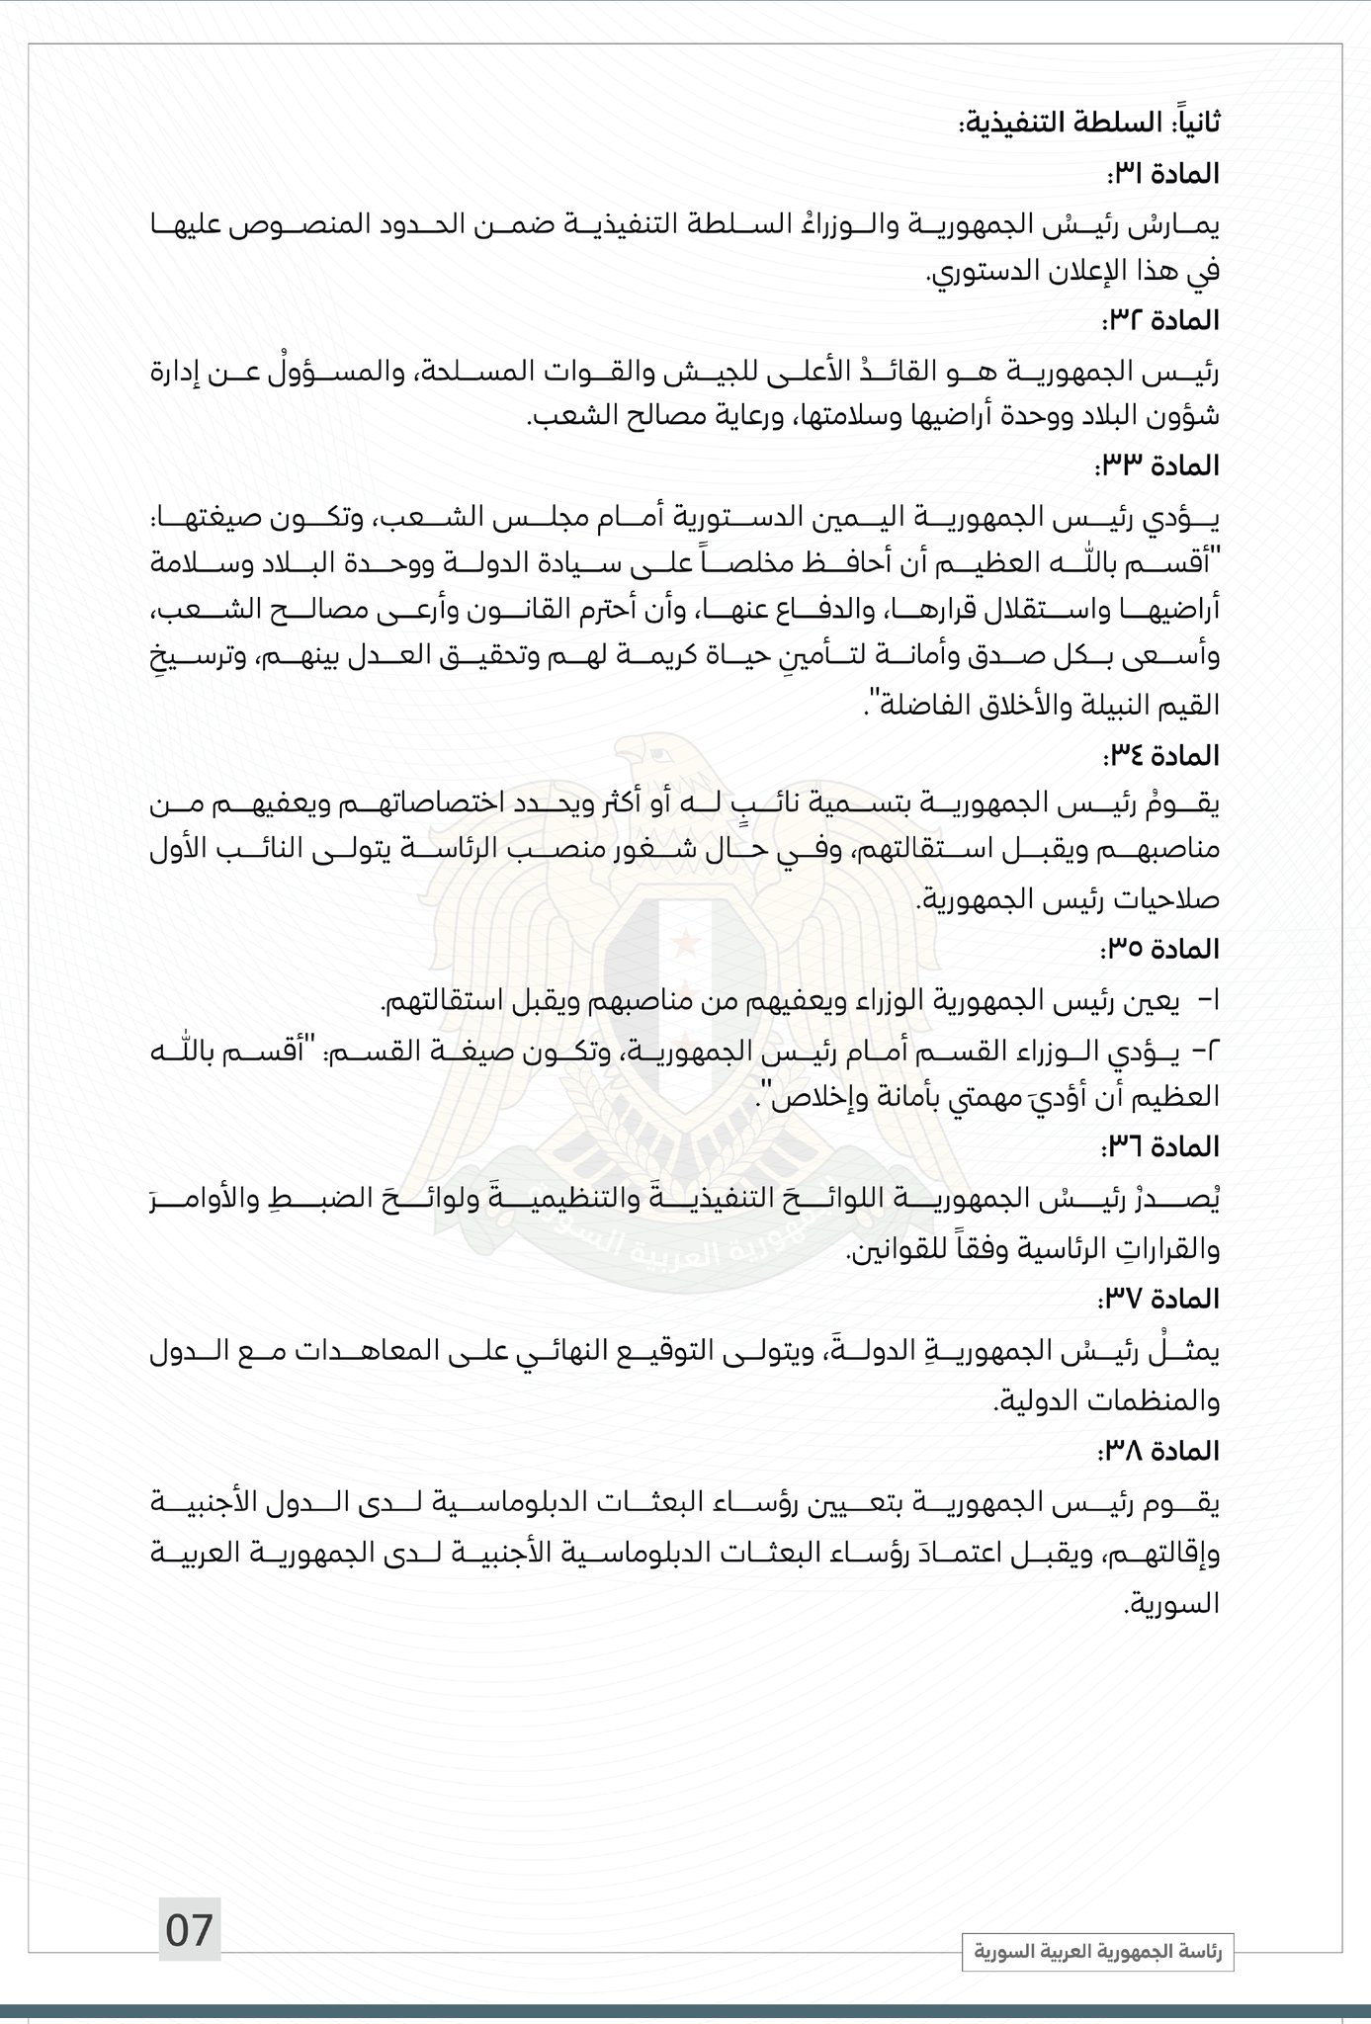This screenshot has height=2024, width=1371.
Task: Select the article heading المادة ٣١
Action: pyautogui.click(x=1161, y=174)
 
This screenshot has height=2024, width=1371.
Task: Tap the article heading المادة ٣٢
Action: pyautogui.click(x=1159, y=320)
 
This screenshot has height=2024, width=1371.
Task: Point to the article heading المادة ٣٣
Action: pyautogui.click(x=1158, y=464)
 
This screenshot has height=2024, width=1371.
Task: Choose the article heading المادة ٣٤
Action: pyautogui.click(x=1159, y=756)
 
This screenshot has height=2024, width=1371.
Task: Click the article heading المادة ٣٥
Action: pyautogui.click(x=1159, y=950)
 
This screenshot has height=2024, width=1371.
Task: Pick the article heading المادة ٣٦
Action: pyautogui.click(x=1159, y=1146)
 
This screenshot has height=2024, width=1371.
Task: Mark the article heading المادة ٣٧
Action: pyautogui.click(x=1159, y=1298)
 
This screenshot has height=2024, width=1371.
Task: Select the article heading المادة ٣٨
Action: pyautogui.click(x=1158, y=1451)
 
